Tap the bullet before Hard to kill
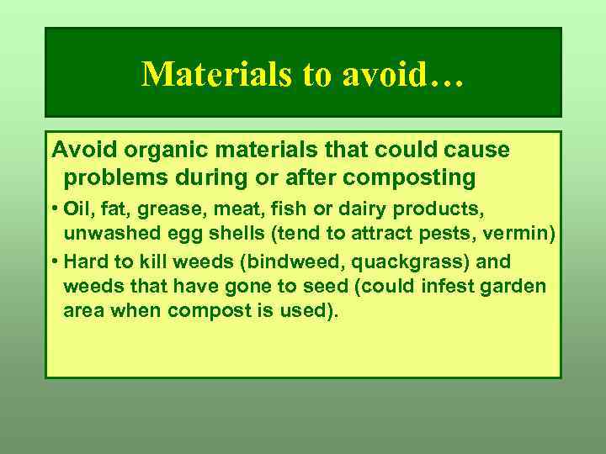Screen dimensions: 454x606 55,261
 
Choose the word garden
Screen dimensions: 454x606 513,287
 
